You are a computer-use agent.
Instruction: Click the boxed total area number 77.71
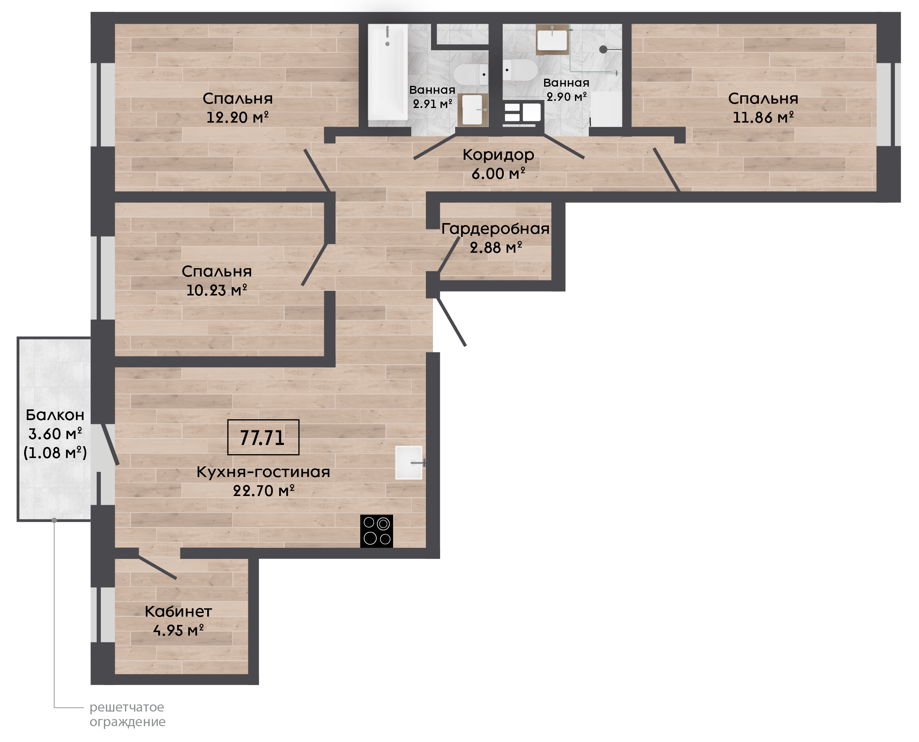(x=263, y=437)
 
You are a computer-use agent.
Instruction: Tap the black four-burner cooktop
(x=376, y=531)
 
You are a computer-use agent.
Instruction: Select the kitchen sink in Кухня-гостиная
(x=409, y=462)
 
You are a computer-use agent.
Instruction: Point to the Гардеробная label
(x=495, y=229)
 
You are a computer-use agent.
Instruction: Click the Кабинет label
(x=178, y=611)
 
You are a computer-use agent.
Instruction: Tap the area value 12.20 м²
(x=238, y=117)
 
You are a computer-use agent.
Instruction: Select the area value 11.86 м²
(x=763, y=117)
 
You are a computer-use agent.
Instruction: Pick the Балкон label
(x=55, y=415)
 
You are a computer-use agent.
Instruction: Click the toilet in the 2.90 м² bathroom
(x=520, y=70)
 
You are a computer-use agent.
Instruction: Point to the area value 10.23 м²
(x=217, y=290)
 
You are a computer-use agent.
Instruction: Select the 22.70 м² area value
(x=264, y=490)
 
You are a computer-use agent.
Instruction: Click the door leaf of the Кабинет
(x=158, y=568)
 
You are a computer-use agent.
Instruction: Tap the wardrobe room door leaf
(x=448, y=255)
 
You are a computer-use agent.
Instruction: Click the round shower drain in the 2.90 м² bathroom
(x=603, y=49)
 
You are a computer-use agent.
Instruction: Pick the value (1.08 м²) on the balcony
(x=55, y=452)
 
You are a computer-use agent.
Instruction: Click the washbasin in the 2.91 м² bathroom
(x=473, y=110)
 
